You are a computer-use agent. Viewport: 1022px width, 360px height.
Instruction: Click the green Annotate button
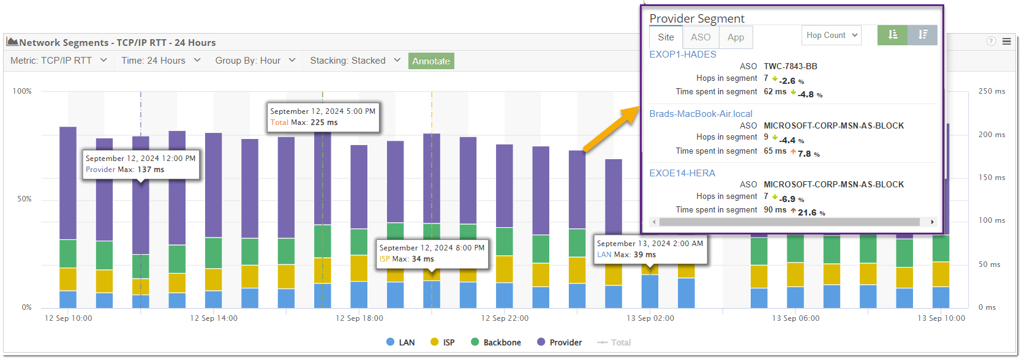(431, 61)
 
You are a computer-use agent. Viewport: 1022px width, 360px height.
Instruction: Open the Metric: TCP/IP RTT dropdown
(59, 61)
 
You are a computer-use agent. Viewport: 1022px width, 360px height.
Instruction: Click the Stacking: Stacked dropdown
(355, 61)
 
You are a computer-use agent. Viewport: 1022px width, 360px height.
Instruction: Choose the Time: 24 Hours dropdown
(160, 61)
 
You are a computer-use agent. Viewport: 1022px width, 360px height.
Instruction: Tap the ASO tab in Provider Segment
(701, 37)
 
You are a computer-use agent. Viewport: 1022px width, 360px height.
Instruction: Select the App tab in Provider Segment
(735, 37)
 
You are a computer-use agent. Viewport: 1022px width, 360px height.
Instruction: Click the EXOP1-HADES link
(682, 54)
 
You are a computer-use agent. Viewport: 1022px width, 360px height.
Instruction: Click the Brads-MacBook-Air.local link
(701, 114)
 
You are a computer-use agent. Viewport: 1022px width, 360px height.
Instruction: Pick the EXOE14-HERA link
(682, 173)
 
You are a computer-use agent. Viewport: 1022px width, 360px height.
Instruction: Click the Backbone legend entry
(496, 342)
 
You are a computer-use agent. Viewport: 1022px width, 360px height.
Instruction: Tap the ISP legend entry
(443, 342)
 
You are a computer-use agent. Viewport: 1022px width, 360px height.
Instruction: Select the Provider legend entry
(559, 342)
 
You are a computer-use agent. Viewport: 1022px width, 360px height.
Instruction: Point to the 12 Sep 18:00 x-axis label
(359, 318)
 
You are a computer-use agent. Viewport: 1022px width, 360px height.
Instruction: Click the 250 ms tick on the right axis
(991, 91)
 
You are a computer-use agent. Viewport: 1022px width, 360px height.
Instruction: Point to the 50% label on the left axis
(24, 199)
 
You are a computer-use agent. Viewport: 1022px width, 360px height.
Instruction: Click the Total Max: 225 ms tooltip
(323, 117)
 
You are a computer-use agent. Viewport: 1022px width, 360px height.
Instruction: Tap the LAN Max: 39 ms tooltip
(650, 249)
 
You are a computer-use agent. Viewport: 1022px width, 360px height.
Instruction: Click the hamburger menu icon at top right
(1007, 42)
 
